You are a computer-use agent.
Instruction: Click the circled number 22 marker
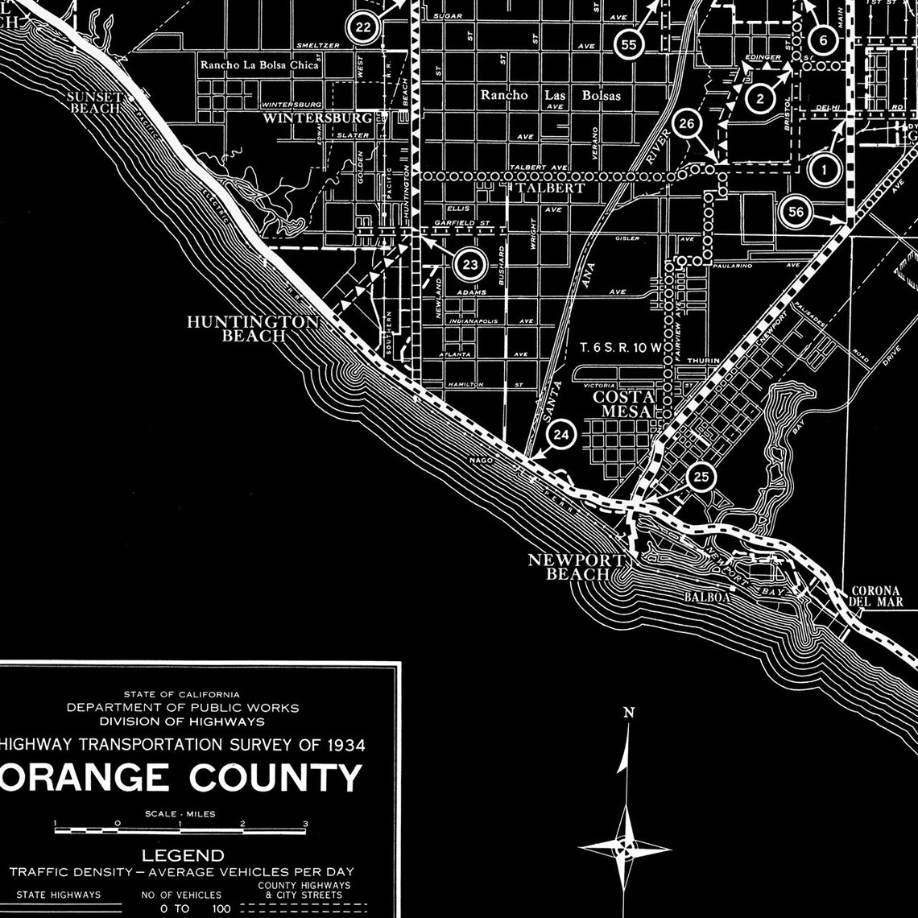363,27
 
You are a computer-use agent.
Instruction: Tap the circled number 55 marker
630,45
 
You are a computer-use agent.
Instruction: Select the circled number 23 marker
470,264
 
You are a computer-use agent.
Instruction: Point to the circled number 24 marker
562,436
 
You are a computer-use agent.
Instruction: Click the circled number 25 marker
701,477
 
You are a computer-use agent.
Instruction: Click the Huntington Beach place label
253,329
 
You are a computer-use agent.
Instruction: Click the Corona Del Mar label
876,596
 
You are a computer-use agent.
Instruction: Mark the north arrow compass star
625,848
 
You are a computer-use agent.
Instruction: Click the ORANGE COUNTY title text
181,778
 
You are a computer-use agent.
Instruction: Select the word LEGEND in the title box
183,855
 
